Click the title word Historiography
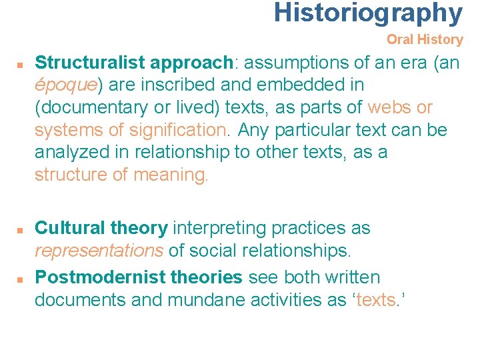367,13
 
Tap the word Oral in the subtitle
401,39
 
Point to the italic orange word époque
65,85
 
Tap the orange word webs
390,107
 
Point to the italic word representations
99,251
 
